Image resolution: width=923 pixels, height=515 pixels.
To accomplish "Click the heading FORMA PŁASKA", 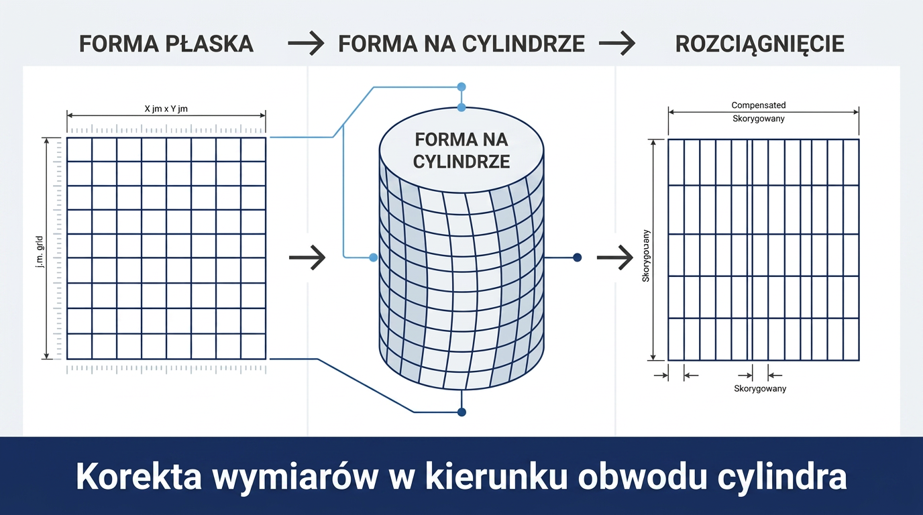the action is pyautogui.click(x=166, y=44).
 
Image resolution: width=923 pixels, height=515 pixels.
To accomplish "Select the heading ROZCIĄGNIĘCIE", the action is pyautogui.click(x=760, y=44).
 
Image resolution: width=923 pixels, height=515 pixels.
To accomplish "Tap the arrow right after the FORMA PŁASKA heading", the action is pyautogui.click(x=306, y=44).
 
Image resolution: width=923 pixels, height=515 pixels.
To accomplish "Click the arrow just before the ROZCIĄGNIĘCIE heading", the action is pyautogui.click(x=617, y=44).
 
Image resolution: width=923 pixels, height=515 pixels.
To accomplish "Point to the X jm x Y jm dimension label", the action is pyautogui.click(x=166, y=109).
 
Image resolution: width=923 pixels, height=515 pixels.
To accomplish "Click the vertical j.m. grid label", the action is pyautogui.click(x=40, y=252).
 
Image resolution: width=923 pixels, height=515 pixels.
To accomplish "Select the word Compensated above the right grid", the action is pyautogui.click(x=759, y=105).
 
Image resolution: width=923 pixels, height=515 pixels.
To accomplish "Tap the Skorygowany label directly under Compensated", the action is pyautogui.click(x=759, y=119).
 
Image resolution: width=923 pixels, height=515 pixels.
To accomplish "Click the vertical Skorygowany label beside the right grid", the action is pyautogui.click(x=646, y=256).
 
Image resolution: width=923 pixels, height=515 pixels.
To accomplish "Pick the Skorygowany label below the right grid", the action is pyautogui.click(x=760, y=388).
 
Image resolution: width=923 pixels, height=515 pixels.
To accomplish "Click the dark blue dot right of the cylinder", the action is pyautogui.click(x=578, y=257).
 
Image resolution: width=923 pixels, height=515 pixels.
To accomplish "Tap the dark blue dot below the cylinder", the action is pyautogui.click(x=461, y=412).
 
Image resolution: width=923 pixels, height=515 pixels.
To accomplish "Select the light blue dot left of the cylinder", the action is pyautogui.click(x=374, y=257).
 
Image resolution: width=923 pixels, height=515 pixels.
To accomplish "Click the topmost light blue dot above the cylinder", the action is pyautogui.click(x=461, y=87).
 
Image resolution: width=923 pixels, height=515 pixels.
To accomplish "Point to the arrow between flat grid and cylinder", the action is pyautogui.click(x=307, y=257).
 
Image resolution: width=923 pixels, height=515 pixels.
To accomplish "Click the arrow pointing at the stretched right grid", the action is pyautogui.click(x=615, y=257).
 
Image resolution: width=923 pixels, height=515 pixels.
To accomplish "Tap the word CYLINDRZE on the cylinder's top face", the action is pyautogui.click(x=461, y=162).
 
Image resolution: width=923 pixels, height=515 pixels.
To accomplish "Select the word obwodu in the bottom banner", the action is pyautogui.click(x=641, y=477).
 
